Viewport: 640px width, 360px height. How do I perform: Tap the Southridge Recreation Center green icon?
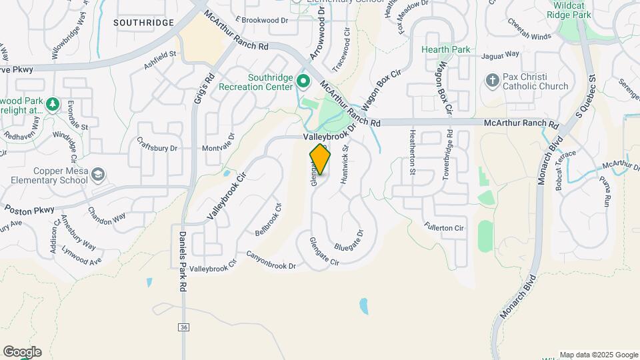click(x=303, y=83)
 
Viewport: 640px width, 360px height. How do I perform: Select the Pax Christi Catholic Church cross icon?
click(x=493, y=81)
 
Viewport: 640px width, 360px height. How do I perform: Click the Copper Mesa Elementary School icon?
click(x=99, y=175)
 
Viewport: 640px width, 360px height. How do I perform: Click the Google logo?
click(x=22, y=352)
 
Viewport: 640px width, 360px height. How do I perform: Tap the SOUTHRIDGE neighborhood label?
click(x=143, y=23)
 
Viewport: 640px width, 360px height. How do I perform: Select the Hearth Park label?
click(x=445, y=49)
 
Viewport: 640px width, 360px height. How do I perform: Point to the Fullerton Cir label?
click(x=443, y=228)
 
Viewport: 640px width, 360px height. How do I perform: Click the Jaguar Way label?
click(x=503, y=54)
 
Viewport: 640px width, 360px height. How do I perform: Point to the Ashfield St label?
click(x=160, y=61)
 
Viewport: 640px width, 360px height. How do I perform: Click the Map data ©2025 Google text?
click(x=599, y=355)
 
